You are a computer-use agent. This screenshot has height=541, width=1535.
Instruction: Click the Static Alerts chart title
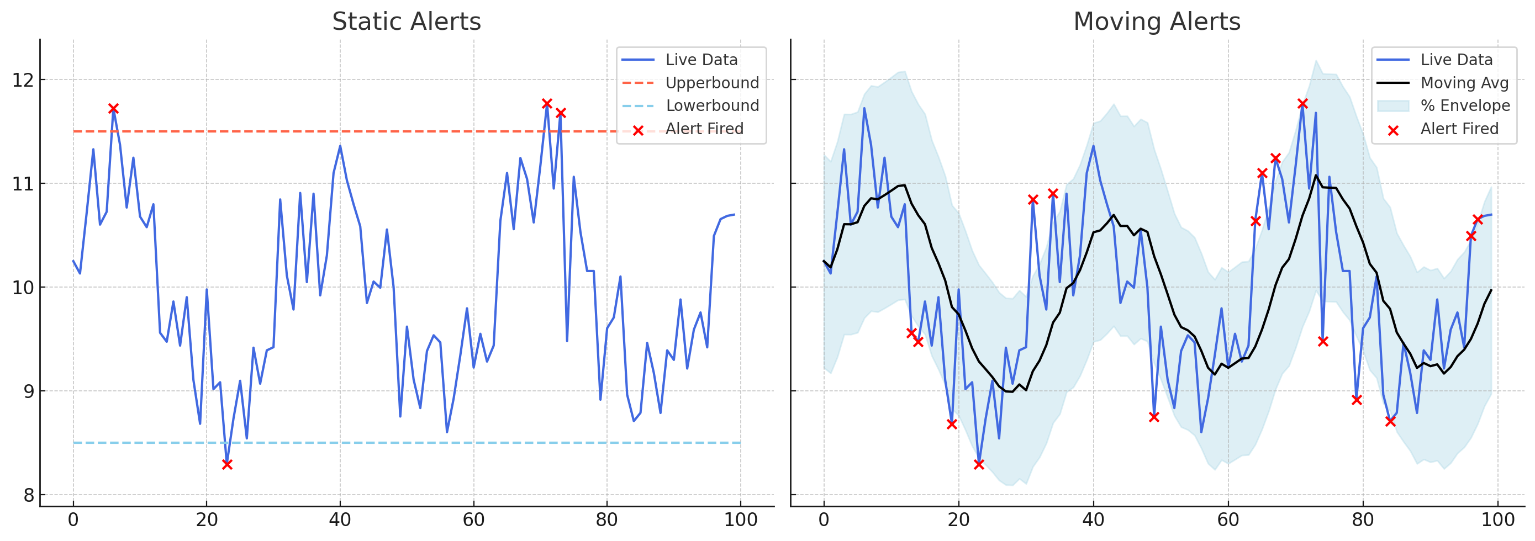pyautogui.click(x=406, y=22)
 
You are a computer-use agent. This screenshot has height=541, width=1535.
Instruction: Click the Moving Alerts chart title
pyautogui.click(x=1157, y=22)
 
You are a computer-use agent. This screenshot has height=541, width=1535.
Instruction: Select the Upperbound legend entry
pyautogui.click(x=712, y=83)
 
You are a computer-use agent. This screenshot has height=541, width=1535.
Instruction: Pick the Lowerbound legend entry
pyautogui.click(x=712, y=106)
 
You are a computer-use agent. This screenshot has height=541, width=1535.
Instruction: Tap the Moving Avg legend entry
pyautogui.click(x=1464, y=83)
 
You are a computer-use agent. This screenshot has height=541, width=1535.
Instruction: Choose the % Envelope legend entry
pyautogui.click(x=1465, y=106)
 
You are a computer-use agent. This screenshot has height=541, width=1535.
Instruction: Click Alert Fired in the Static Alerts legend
pyautogui.click(x=704, y=129)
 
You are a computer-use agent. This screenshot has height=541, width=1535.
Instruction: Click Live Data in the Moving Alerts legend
pyautogui.click(x=1457, y=60)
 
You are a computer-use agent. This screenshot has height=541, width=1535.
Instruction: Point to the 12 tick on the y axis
pyautogui.click(x=23, y=80)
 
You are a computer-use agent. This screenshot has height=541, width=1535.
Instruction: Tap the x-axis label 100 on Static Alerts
pyautogui.click(x=741, y=520)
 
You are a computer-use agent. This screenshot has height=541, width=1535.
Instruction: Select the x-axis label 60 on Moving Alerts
pyautogui.click(x=1228, y=520)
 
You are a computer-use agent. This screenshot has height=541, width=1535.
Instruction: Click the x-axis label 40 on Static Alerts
pyautogui.click(x=340, y=520)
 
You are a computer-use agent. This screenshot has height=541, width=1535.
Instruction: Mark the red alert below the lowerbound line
pyautogui.click(x=227, y=464)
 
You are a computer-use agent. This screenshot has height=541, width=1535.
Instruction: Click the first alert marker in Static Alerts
pyautogui.click(x=113, y=108)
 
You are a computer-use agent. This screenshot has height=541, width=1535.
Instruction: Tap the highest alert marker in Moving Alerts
pyautogui.click(x=1302, y=104)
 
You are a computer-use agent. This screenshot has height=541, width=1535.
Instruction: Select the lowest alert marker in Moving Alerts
pyautogui.click(x=979, y=464)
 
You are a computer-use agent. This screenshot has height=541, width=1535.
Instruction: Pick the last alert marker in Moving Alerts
pyautogui.click(x=1478, y=219)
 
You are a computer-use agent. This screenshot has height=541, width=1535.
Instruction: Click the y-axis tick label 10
pyautogui.click(x=23, y=288)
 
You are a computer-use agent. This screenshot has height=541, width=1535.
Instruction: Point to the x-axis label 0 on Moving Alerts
pyautogui.click(x=824, y=520)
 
